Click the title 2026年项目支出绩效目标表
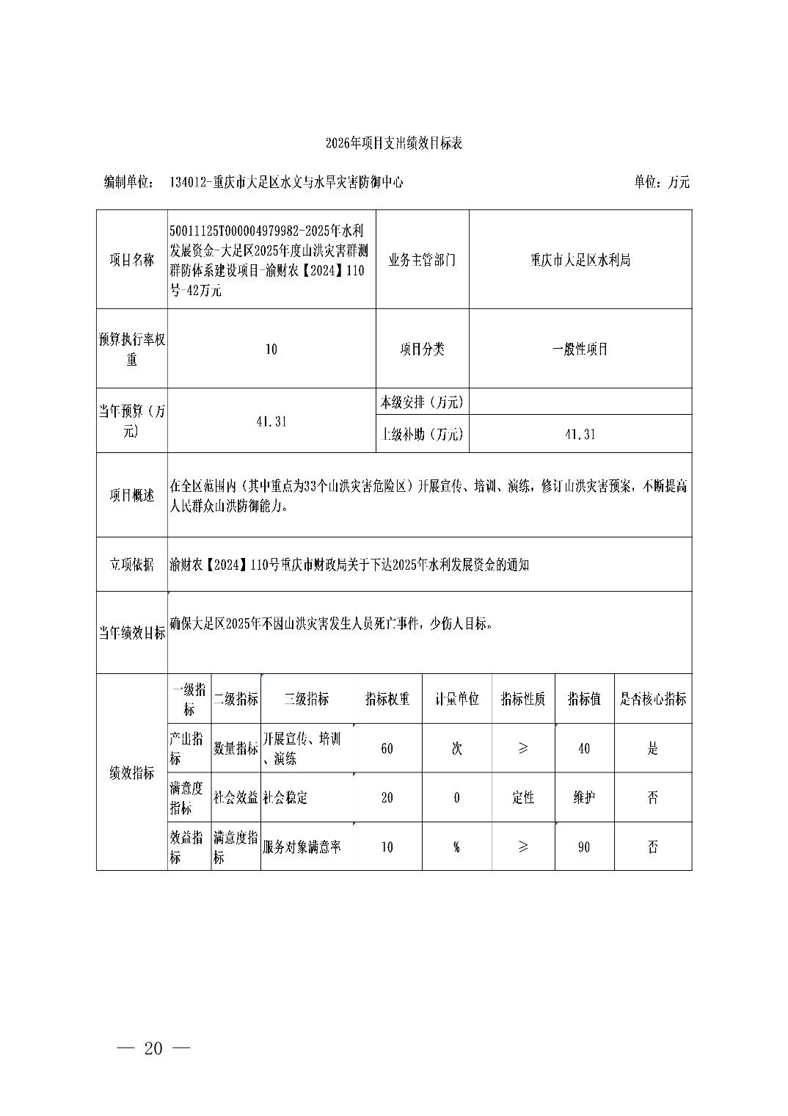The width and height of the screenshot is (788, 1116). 394,143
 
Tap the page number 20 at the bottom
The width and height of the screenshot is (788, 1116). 153,1048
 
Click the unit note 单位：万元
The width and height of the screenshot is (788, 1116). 661,182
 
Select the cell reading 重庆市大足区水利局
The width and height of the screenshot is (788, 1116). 580,260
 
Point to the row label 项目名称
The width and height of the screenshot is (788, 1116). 132,260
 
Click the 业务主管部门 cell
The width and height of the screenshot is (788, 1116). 422,260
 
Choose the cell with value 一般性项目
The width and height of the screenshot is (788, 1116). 580,349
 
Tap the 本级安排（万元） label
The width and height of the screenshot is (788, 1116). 422,402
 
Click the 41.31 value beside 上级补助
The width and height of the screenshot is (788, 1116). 580,434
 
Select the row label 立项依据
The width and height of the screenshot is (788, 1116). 132,564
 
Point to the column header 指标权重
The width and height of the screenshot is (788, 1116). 387,699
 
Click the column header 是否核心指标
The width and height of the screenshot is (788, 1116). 652,699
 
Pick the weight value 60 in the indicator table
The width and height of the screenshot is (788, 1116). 387,748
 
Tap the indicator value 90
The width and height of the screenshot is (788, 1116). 583,847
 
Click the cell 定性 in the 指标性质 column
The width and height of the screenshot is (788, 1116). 522,797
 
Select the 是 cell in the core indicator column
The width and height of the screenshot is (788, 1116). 652,748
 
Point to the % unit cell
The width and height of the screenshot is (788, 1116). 456,847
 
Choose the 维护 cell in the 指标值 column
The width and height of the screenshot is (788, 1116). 583,797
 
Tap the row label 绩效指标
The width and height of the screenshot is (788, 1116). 132,772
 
